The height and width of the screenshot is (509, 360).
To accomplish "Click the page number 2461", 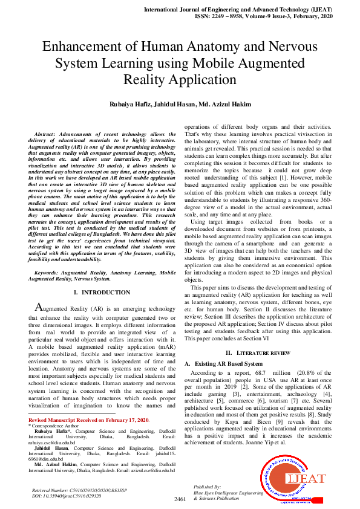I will tap(180, 499).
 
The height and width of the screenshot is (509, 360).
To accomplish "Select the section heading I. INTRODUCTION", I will tap(101, 292).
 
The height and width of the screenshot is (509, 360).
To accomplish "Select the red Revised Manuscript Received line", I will tap(88, 420).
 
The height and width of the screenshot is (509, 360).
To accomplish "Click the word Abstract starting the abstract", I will tap(47, 134).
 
